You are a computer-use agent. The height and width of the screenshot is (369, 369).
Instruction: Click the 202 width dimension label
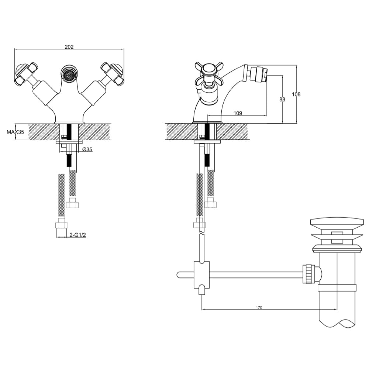tap(69, 47)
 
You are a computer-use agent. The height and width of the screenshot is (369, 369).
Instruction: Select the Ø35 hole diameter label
tap(87, 149)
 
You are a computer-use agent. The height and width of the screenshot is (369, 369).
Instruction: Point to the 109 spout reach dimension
tap(238, 113)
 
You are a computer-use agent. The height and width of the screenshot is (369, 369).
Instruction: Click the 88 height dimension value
tap(282, 99)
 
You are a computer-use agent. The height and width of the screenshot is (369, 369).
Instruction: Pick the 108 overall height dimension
tap(296, 94)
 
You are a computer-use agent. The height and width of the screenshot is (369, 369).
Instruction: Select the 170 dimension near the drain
tap(259, 308)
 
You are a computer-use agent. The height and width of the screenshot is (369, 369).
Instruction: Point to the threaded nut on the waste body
tap(308, 274)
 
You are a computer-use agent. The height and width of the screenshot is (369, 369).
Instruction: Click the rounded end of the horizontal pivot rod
tap(179, 274)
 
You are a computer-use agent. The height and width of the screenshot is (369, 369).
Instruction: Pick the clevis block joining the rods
tap(201, 275)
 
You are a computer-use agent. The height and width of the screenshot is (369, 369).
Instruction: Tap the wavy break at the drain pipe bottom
tap(337, 323)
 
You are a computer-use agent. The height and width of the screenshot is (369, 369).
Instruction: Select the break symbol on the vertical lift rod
tap(201, 232)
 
